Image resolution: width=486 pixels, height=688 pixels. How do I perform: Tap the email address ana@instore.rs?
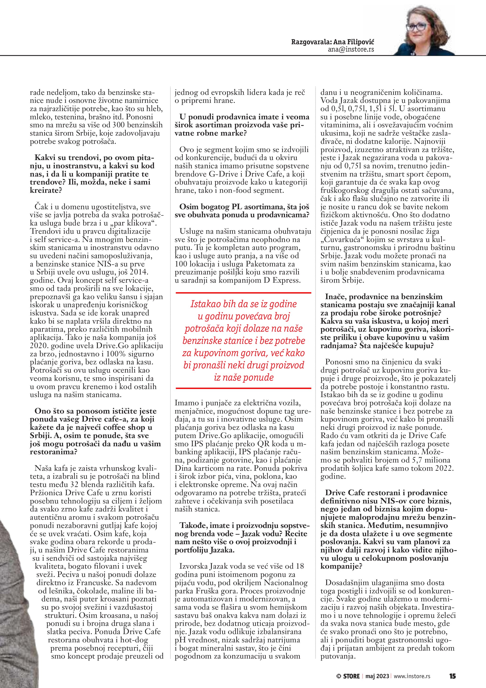[x=351, y=49]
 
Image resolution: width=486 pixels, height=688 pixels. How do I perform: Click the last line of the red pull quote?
[x=244, y=377]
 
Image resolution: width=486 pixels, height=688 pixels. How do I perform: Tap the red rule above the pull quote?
[x=243, y=293]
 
